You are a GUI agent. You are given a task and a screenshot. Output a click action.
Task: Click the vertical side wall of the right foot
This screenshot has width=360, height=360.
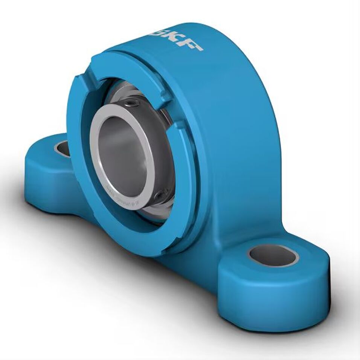click(271, 301)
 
